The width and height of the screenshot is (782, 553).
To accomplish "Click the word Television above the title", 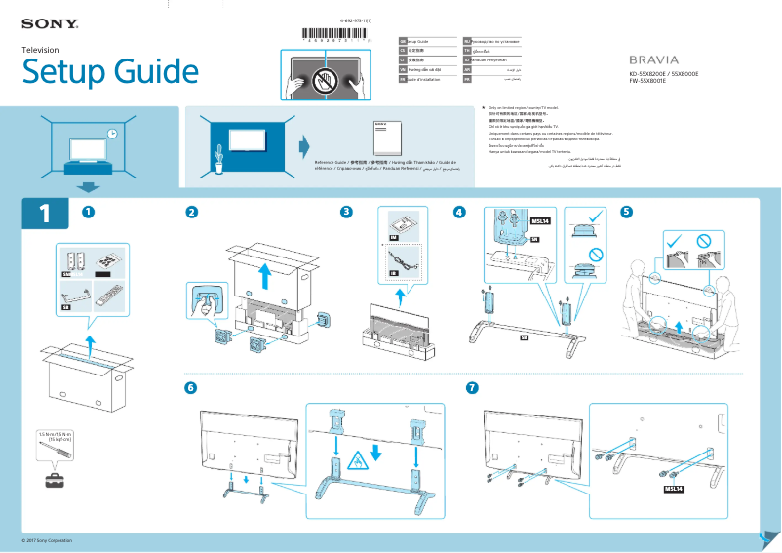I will tap(41, 50).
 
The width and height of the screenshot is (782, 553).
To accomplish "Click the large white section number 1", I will tap(45, 215).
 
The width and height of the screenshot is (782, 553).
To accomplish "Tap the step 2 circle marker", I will tap(192, 212).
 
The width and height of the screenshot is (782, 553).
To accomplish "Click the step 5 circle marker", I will tap(626, 212).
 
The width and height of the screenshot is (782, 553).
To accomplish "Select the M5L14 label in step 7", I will tap(675, 488).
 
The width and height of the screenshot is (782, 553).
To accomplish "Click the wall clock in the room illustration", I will tap(112, 134).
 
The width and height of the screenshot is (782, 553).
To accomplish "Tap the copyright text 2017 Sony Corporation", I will tap(48, 540).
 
